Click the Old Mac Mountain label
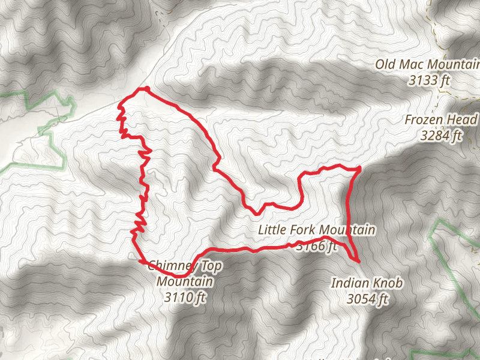(427, 65)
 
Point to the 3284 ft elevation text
(442, 135)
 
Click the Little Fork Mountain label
(316, 230)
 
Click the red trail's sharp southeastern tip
(358, 262)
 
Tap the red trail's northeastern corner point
(359, 169)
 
